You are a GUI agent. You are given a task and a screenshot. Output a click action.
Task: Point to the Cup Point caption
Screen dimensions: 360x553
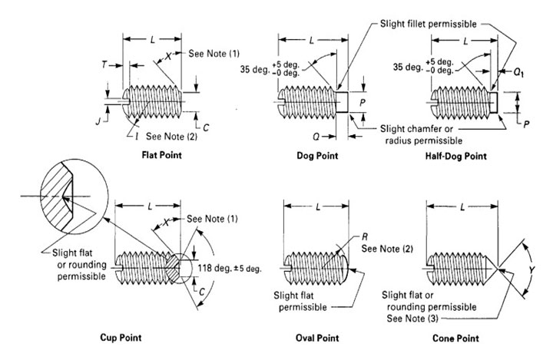coord(121,338)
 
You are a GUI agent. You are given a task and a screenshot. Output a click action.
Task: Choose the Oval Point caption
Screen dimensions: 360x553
coord(317,338)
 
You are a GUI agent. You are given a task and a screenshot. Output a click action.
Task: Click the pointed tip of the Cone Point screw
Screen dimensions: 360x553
coord(497,268)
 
